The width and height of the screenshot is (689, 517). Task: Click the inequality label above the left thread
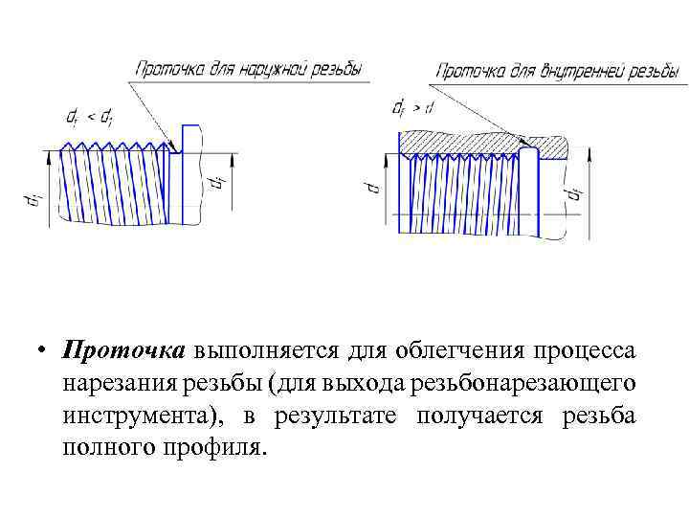coord(87,117)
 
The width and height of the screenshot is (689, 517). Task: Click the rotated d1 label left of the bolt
coord(33,200)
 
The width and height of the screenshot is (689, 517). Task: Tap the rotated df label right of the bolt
coord(218,182)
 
